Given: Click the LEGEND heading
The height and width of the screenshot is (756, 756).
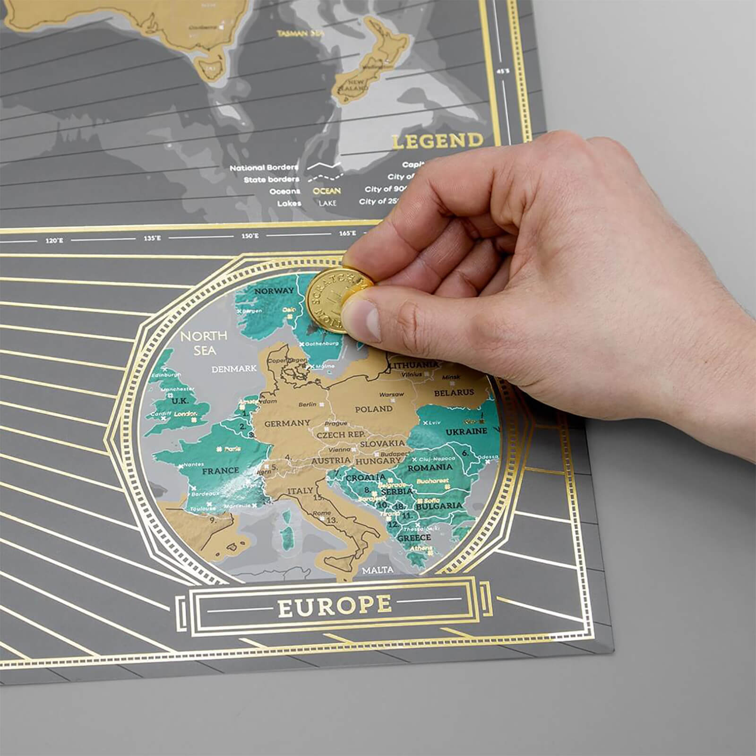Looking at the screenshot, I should pos(438,141).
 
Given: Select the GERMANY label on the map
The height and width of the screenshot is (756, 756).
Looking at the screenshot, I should pos(287,423).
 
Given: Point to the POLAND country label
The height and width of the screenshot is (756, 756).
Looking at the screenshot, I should pos(373,409).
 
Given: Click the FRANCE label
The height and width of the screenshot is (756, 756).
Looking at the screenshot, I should pos(220,471).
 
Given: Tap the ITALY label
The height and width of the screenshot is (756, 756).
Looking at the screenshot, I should pos(300,491).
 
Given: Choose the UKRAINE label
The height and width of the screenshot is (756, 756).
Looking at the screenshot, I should pos(466,431).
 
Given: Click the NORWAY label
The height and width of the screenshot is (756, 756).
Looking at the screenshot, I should pos(274,291).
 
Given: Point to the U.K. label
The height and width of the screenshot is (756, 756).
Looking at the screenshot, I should pos(180,401).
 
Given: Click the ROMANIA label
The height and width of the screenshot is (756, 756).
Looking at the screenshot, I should pos(430,467).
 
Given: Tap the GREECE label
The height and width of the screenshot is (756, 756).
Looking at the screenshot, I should pos(414,538).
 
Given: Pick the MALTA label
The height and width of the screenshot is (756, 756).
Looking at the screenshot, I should pos(377,570).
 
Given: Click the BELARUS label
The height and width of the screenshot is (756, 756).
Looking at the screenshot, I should pos(454,393).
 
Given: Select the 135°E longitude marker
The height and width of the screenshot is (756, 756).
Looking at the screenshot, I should pos(152,238).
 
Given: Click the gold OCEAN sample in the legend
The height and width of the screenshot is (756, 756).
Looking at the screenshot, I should pos(326,191).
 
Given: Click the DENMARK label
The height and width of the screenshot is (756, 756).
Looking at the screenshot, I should pos(234,369).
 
